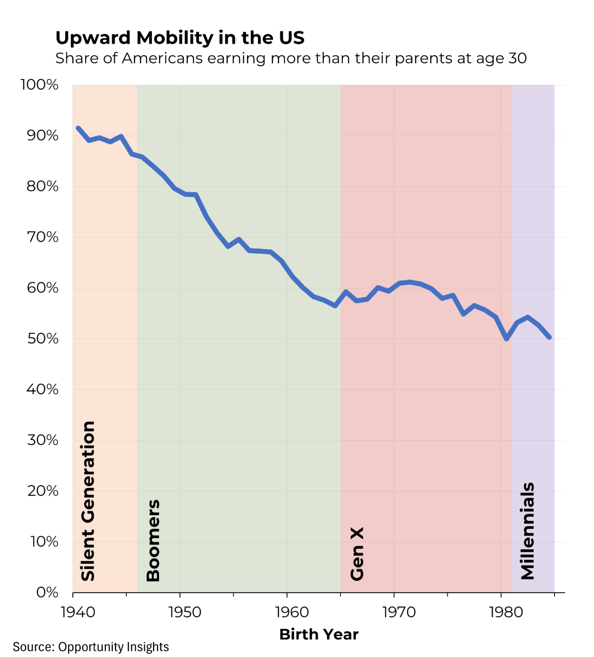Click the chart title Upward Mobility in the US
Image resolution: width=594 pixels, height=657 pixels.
pyautogui.click(x=180, y=38)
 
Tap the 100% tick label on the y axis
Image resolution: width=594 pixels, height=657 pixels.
pyautogui.click(x=40, y=85)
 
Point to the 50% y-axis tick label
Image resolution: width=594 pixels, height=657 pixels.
pyautogui.click(x=43, y=338)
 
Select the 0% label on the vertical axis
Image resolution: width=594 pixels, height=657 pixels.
pyautogui.click(x=48, y=592)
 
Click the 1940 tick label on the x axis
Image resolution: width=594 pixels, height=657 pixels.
pyautogui.click(x=78, y=612)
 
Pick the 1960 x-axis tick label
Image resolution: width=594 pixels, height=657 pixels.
pyautogui.click(x=292, y=612)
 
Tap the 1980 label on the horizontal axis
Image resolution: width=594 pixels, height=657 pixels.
pyautogui.click(x=506, y=612)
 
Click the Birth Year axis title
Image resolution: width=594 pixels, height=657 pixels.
pyautogui.click(x=318, y=634)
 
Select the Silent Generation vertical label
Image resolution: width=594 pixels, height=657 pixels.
pyautogui.click(x=88, y=501)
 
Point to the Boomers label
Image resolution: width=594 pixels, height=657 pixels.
pyautogui.click(x=153, y=540)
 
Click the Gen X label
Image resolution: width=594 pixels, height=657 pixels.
pyautogui.click(x=357, y=554)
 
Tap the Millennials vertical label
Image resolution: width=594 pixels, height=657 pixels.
pyautogui.click(x=528, y=531)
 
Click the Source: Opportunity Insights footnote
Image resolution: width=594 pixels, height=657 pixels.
pyautogui.click(x=91, y=647)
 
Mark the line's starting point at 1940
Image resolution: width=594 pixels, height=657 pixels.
pyautogui.click(x=78, y=128)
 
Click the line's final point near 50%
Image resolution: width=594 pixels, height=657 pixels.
pyautogui.click(x=549, y=337)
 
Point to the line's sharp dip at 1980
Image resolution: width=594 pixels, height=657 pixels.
pyautogui.click(x=506, y=339)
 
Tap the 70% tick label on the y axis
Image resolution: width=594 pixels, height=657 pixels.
pyautogui.click(x=43, y=237)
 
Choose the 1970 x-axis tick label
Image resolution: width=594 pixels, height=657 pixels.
pyautogui.click(x=399, y=612)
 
